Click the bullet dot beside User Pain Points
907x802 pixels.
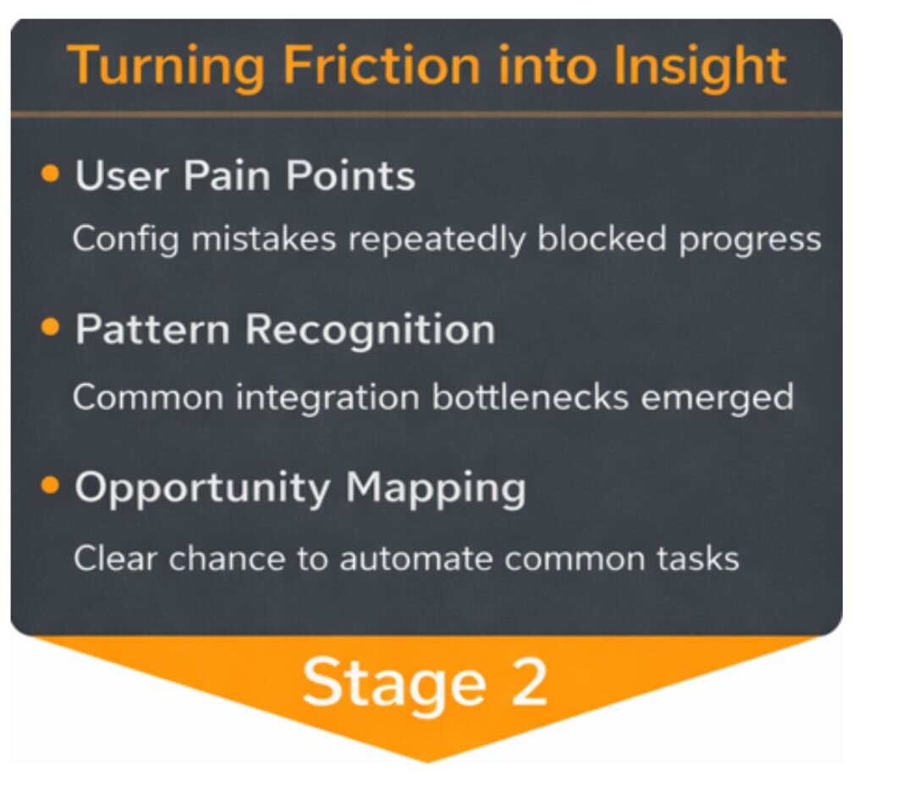pos(51,173)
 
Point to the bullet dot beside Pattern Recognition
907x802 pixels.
pos(51,327)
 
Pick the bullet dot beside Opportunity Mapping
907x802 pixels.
pos(51,486)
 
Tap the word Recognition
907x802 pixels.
pos(370,328)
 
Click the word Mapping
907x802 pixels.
pos(436,488)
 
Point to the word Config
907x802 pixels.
pos(125,239)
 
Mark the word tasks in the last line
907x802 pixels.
pos(701,558)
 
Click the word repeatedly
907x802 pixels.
pos(437,239)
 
